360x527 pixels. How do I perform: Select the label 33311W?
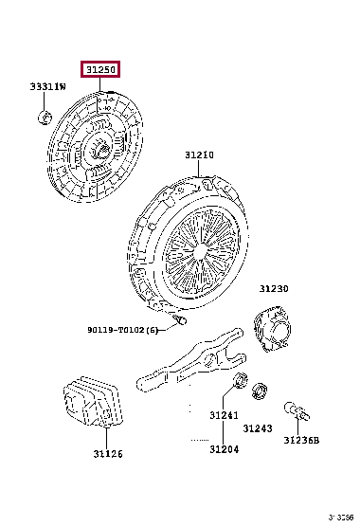point(47,87)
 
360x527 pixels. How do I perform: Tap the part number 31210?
point(199,155)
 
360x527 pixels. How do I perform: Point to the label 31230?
point(275,289)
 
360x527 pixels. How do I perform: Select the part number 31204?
point(224,449)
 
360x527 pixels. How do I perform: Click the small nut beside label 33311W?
point(44,117)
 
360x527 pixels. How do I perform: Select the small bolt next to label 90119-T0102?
point(175,325)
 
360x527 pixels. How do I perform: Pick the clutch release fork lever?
point(189,364)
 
